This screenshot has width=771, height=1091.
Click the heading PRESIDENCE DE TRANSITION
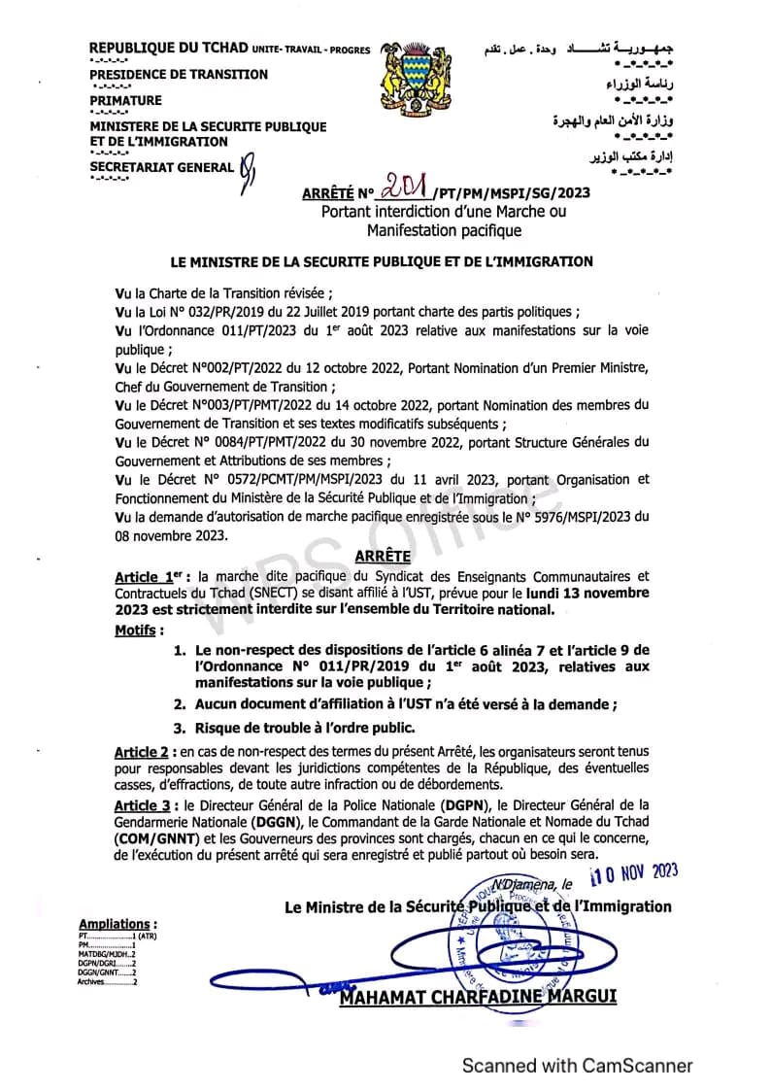click(x=179, y=75)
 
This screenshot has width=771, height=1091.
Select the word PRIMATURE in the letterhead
click(x=126, y=100)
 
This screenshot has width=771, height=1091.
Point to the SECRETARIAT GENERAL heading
click(x=161, y=167)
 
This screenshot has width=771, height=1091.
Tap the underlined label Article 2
click(x=142, y=752)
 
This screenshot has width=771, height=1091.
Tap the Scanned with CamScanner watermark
click(x=577, y=1066)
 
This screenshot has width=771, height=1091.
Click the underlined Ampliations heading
click(x=117, y=923)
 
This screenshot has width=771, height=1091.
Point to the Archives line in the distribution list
click(x=107, y=982)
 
